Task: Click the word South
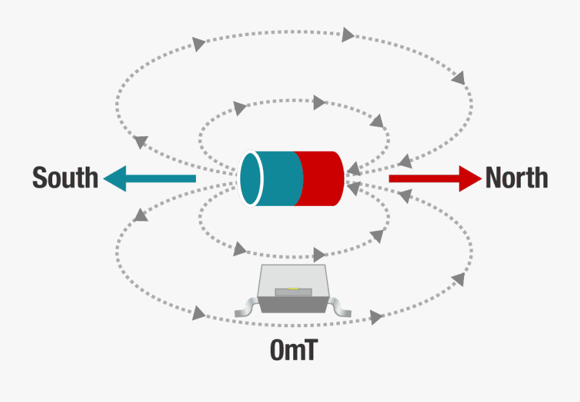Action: coord(65,178)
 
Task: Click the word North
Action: coord(517,177)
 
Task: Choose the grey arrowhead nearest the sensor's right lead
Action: coord(376,317)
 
